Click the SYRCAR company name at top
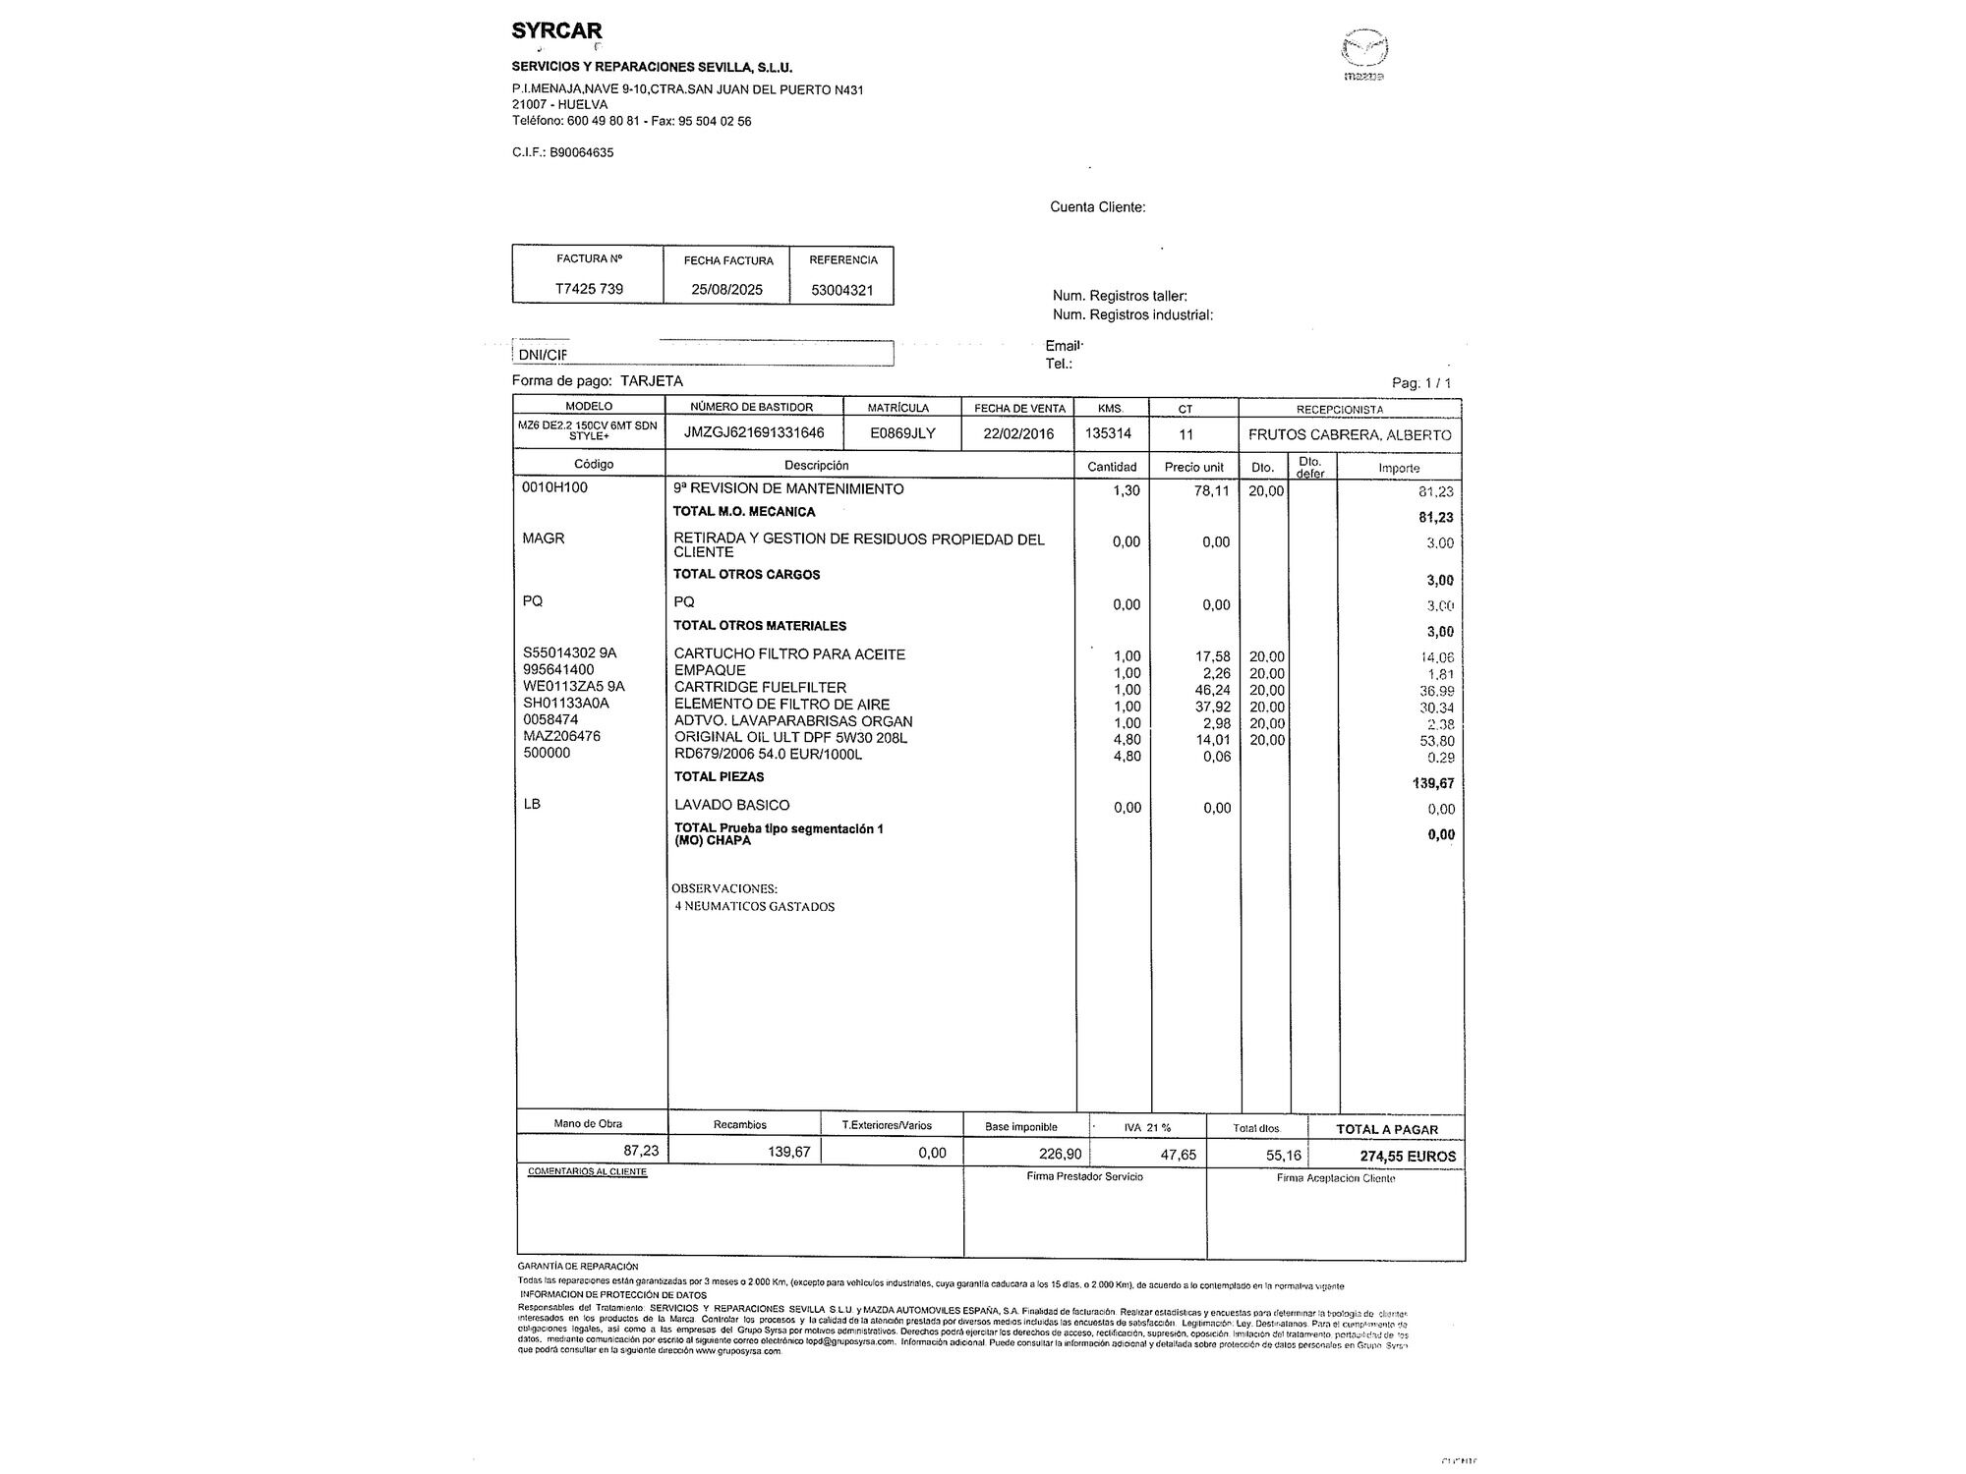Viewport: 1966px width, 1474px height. (556, 31)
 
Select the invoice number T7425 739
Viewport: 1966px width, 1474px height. (589, 289)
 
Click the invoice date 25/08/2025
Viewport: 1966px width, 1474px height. (726, 290)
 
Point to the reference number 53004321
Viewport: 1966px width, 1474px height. (842, 290)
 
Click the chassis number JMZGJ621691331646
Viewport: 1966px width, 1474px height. (754, 433)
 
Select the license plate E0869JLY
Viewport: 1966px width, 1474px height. (902, 433)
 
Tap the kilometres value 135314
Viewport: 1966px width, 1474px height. (1108, 433)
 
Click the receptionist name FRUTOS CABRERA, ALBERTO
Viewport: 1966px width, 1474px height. (1349, 434)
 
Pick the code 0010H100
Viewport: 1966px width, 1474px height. (554, 487)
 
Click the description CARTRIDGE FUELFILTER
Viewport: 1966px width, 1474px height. (760, 687)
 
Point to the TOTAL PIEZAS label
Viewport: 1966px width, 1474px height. (719, 777)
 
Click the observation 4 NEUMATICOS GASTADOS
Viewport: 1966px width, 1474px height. (754, 907)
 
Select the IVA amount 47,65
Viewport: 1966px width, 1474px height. (1178, 1155)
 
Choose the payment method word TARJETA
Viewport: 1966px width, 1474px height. (652, 381)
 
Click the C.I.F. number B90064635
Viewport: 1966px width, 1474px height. (581, 152)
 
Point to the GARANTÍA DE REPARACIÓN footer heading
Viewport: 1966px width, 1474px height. (578, 1267)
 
